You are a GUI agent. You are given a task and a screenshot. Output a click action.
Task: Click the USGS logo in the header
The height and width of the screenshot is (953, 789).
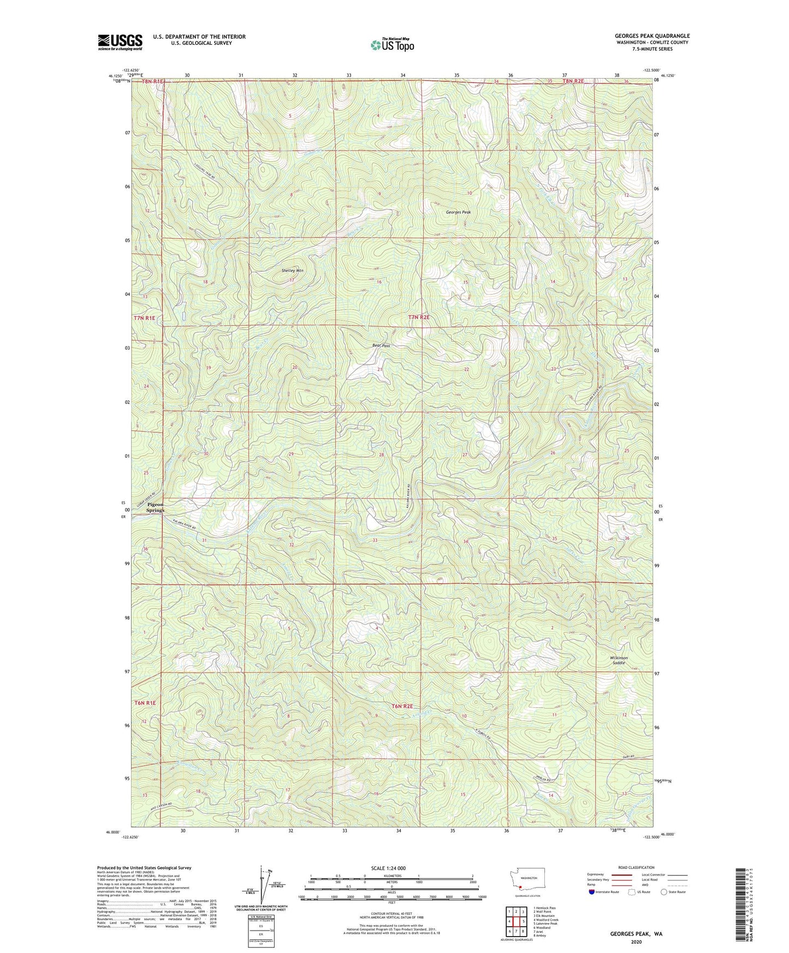click(x=120, y=42)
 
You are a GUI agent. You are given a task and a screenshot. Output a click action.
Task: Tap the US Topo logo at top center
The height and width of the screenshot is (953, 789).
click(x=391, y=45)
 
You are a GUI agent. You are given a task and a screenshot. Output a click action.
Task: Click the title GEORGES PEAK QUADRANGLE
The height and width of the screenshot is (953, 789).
click(x=652, y=36)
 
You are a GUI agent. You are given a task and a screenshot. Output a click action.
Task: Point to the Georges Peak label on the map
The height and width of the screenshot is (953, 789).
click(x=458, y=212)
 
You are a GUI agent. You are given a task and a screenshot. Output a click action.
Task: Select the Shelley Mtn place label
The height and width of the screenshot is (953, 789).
click(x=292, y=271)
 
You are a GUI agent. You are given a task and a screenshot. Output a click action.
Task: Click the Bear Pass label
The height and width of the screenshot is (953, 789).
click(x=381, y=346)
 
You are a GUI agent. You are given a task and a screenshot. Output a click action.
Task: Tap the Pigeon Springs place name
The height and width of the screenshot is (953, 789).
click(x=155, y=507)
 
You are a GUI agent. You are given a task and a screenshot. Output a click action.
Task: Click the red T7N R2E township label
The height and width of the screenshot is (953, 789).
click(x=419, y=317)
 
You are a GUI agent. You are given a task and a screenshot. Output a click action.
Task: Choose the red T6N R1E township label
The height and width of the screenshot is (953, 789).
click(x=145, y=703)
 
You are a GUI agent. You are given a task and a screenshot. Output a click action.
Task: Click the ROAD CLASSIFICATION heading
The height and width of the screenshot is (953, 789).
click(x=637, y=867)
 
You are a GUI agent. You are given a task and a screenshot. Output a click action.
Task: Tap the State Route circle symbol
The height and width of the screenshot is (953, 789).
click(x=665, y=892)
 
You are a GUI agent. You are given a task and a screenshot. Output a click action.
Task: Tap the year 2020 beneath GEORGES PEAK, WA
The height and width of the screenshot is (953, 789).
click(x=636, y=942)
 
